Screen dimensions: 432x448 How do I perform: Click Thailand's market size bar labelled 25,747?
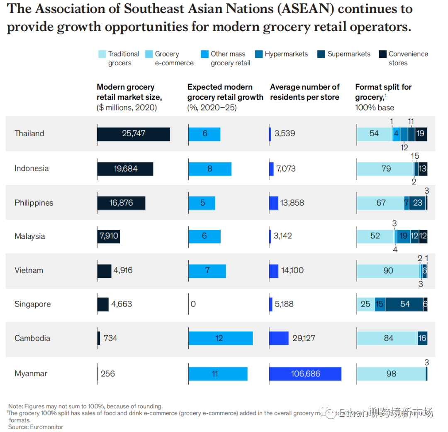133,134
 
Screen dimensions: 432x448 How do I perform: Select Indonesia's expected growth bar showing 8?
210,169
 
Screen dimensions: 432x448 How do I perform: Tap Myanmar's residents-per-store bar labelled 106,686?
305,373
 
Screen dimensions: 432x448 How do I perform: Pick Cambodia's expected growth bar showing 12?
220,338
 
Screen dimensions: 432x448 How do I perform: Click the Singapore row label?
32,304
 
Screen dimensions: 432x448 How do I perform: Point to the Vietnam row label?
29,270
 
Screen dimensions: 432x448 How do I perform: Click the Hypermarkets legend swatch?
259,54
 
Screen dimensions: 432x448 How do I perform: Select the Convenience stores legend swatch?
383,54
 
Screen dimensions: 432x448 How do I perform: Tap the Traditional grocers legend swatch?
102,54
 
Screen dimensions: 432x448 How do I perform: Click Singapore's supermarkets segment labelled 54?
404,304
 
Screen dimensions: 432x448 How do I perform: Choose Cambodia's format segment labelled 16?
422,338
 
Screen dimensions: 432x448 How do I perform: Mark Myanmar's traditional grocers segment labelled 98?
391,373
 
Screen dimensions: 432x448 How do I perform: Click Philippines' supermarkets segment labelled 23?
417,203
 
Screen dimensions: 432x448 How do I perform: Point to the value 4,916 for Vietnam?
123,270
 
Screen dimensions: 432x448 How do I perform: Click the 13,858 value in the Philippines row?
292,203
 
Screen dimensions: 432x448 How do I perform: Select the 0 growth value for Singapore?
193,304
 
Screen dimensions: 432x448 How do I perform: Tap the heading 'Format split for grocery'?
383,92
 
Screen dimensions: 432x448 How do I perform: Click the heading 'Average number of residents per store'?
304,92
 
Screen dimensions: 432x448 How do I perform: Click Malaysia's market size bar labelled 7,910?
108,236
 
